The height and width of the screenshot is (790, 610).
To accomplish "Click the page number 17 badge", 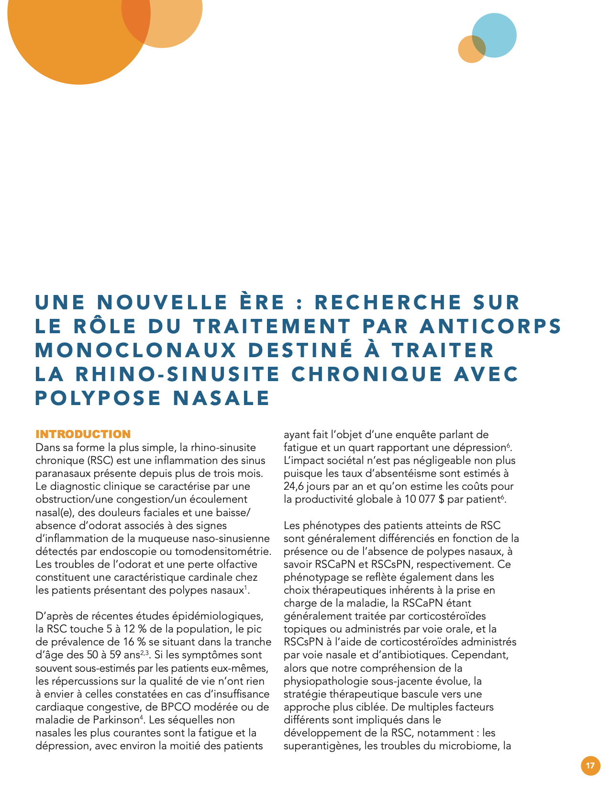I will pyautogui.click(x=590, y=766).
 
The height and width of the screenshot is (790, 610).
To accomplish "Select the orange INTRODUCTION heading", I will pyautogui.click(x=83, y=434).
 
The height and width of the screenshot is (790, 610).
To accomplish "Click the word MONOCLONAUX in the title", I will pyautogui.click(x=136, y=350).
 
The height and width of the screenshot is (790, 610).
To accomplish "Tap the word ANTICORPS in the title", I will pyautogui.click(x=490, y=327).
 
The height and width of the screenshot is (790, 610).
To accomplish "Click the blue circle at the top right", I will pyautogui.click(x=495, y=34).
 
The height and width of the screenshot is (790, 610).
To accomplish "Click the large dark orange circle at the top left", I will pyautogui.click(x=72, y=34).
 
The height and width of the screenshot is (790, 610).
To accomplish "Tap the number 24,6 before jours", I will pyautogui.click(x=294, y=486).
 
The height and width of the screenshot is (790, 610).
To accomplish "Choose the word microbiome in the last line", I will pyautogui.click(x=472, y=746).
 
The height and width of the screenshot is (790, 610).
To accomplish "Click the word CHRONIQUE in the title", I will pyautogui.click(x=366, y=374).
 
